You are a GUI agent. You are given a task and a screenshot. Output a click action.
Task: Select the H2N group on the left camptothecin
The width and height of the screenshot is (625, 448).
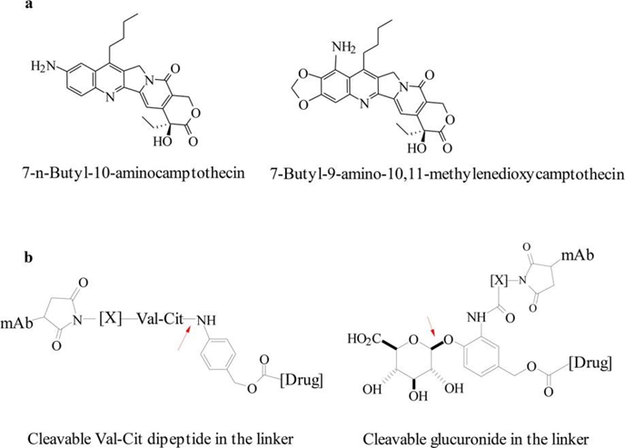pyautogui.click(x=46, y=65)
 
